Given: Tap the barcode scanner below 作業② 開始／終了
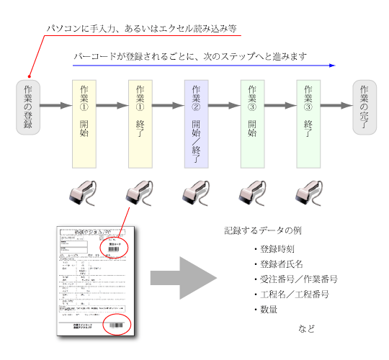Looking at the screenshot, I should coord(196,194).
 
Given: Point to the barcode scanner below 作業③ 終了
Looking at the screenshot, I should coord(308,194).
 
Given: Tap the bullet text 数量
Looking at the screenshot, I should coord(269,310).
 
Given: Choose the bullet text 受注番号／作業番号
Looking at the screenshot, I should coord(299,279).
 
